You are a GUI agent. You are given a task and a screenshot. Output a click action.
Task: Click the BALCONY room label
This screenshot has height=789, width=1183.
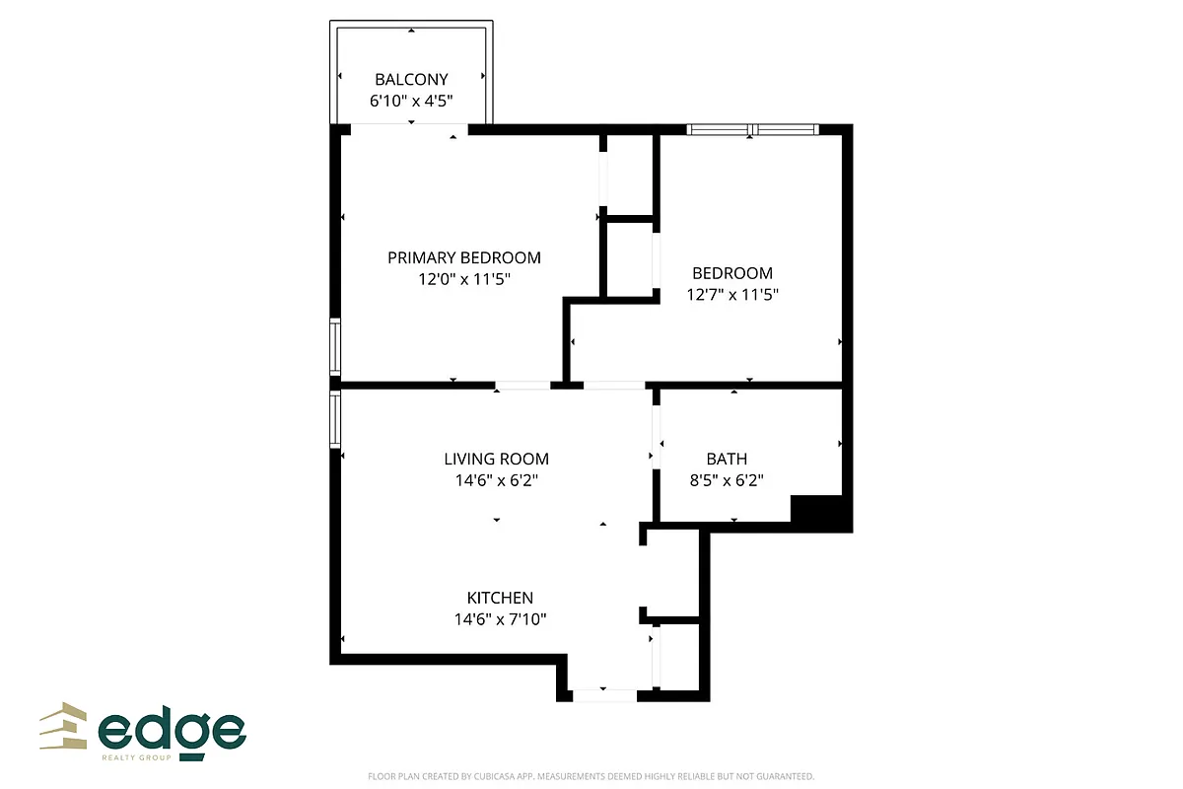pos(411,79)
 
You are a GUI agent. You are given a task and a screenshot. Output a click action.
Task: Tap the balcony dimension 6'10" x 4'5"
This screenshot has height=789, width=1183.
pos(411,101)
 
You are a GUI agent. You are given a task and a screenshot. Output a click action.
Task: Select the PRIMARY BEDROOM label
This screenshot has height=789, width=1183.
pos(463,257)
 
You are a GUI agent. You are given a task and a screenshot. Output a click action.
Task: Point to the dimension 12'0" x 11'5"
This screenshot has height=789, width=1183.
pos(463,279)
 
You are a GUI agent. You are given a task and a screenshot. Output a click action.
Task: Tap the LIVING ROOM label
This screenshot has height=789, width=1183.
pos(496,459)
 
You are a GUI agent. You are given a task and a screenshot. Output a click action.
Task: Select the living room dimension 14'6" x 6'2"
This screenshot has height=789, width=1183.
pos(496,480)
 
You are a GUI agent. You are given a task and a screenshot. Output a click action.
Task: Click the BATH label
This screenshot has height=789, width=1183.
pos(727,459)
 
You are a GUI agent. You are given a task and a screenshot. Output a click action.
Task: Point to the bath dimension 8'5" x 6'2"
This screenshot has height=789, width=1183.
pos(727,480)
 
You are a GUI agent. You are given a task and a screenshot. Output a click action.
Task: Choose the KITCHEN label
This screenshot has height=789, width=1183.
pos(500,598)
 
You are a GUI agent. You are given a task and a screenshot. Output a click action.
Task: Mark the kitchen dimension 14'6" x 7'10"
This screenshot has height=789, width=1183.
pos(500,619)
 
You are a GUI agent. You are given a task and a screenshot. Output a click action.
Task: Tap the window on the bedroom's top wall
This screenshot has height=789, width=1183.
pos(752,129)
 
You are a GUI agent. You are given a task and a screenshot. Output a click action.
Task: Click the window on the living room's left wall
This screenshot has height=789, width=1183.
pos(335,419)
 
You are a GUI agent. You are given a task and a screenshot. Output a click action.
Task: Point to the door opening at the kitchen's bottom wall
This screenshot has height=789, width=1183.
pos(604,695)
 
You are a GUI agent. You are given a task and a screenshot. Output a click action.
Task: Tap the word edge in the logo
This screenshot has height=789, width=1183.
pos(173,732)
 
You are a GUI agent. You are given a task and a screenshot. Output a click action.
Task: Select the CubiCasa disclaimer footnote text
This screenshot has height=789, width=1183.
pos(591,776)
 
